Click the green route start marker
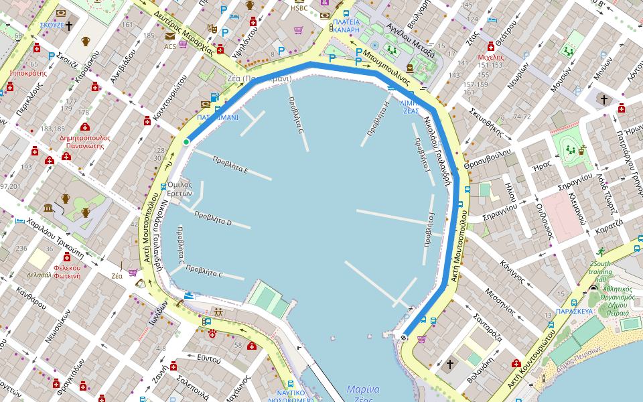(x=186, y=141)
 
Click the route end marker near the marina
(x=404, y=337)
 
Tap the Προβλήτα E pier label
(x=230, y=165)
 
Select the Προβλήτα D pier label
(x=213, y=218)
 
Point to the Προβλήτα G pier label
(x=295, y=116)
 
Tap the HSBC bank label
(x=299, y=8)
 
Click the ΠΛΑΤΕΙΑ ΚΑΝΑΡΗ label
(x=346, y=25)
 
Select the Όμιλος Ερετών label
(x=180, y=189)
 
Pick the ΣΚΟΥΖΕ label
(x=52, y=25)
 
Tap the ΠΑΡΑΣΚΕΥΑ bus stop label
(x=575, y=312)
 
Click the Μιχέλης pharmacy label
(x=491, y=57)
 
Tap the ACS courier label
(x=170, y=46)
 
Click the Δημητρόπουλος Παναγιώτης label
(x=84, y=141)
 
